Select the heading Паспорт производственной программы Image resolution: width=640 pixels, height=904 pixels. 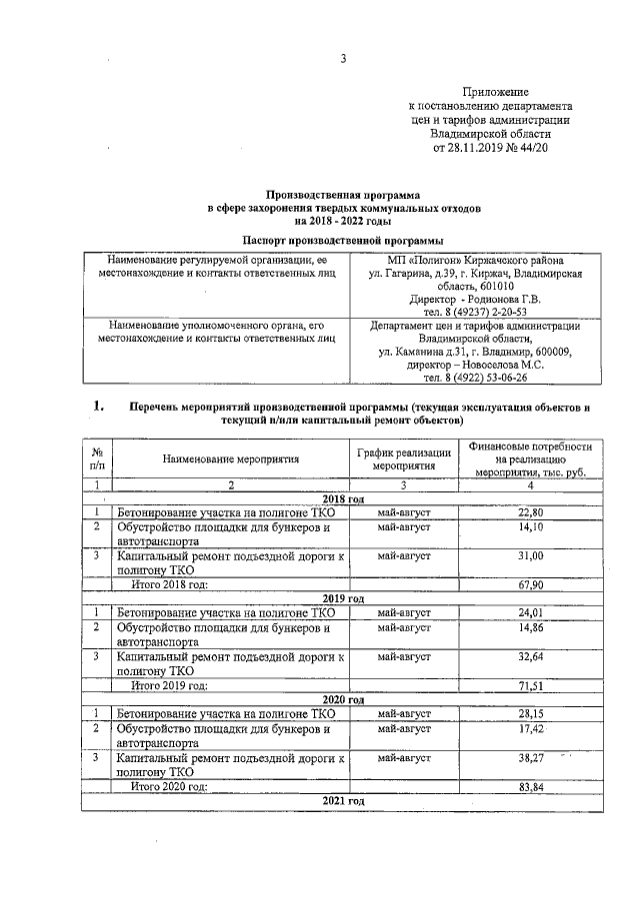(x=343, y=241)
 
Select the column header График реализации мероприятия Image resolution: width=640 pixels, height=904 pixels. (x=405, y=459)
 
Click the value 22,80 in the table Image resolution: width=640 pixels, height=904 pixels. (x=530, y=512)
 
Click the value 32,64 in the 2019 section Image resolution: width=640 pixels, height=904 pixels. (x=530, y=658)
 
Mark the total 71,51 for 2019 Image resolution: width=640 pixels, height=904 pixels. (x=530, y=686)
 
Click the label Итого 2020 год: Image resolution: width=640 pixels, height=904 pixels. (x=170, y=787)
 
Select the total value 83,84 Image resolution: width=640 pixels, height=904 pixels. (x=530, y=787)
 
